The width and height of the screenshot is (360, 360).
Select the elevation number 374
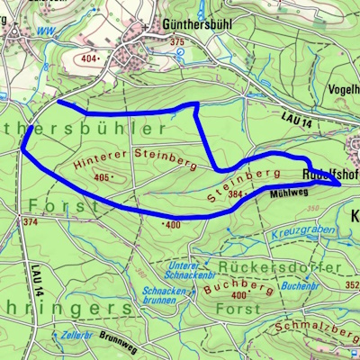(x=31, y=221)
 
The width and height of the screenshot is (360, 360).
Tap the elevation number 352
(x=351, y=285)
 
